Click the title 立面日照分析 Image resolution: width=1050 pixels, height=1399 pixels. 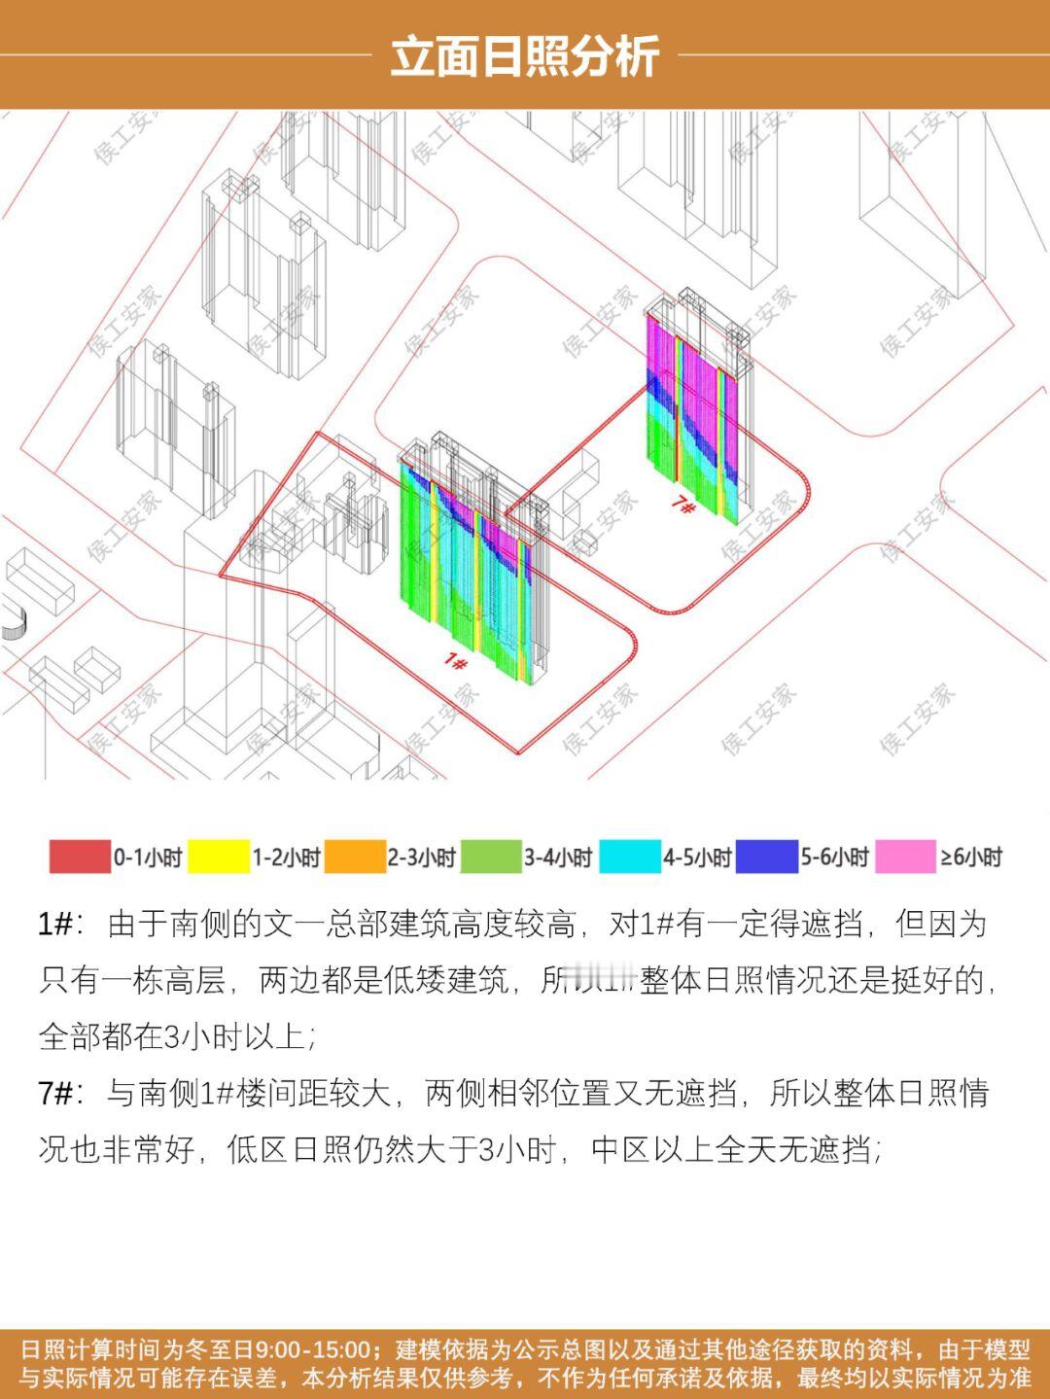tap(525, 56)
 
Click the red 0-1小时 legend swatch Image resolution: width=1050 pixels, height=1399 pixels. tap(80, 857)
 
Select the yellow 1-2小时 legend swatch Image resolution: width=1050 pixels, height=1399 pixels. tap(219, 857)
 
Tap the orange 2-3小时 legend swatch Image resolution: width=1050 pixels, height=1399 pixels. tap(355, 857)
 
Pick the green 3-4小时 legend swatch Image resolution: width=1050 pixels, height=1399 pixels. tap(491, 857)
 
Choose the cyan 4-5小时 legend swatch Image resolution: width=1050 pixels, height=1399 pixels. tap(629, 857)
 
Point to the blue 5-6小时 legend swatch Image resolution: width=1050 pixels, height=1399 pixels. tap(767, 857)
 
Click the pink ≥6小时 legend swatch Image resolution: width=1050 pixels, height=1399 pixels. tap(905, 857)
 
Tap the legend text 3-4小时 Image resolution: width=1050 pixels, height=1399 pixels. tap(558, 857)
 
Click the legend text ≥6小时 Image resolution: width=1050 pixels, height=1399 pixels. tap(971, 857)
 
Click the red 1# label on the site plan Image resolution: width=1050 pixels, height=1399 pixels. tap(455, 662)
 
